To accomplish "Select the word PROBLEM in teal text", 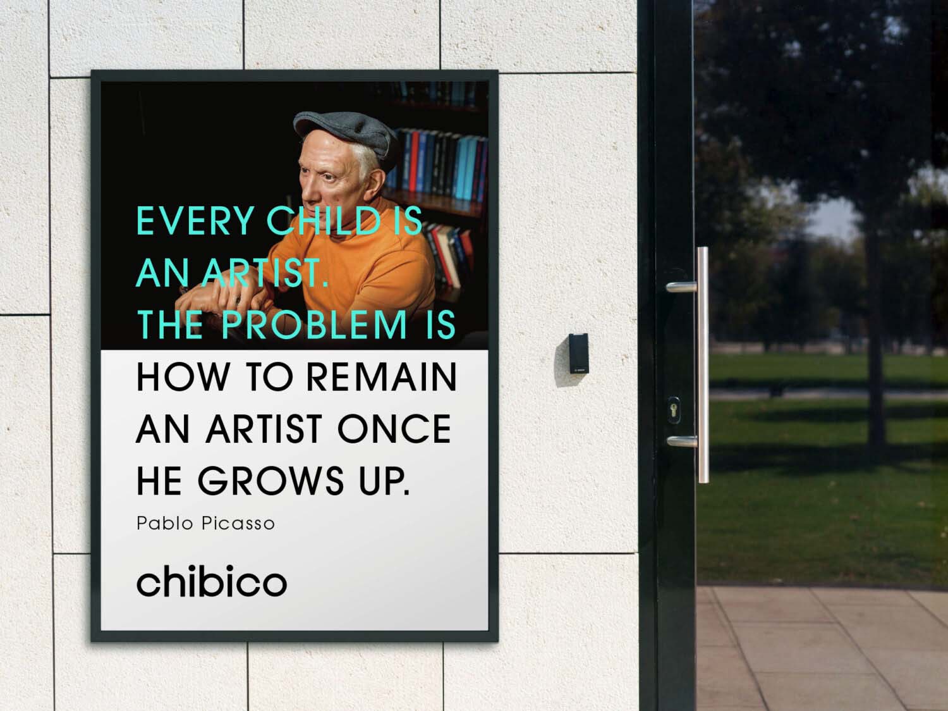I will click(x=314, y=325).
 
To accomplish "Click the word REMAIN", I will click(x=381, y=377).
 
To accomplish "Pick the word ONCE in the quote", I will click(x=394, y=430).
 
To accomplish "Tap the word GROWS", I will click(x=272, y=481).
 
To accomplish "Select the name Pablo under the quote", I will click(x=165, y=524).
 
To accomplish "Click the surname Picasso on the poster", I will click(x=238, y=524).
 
